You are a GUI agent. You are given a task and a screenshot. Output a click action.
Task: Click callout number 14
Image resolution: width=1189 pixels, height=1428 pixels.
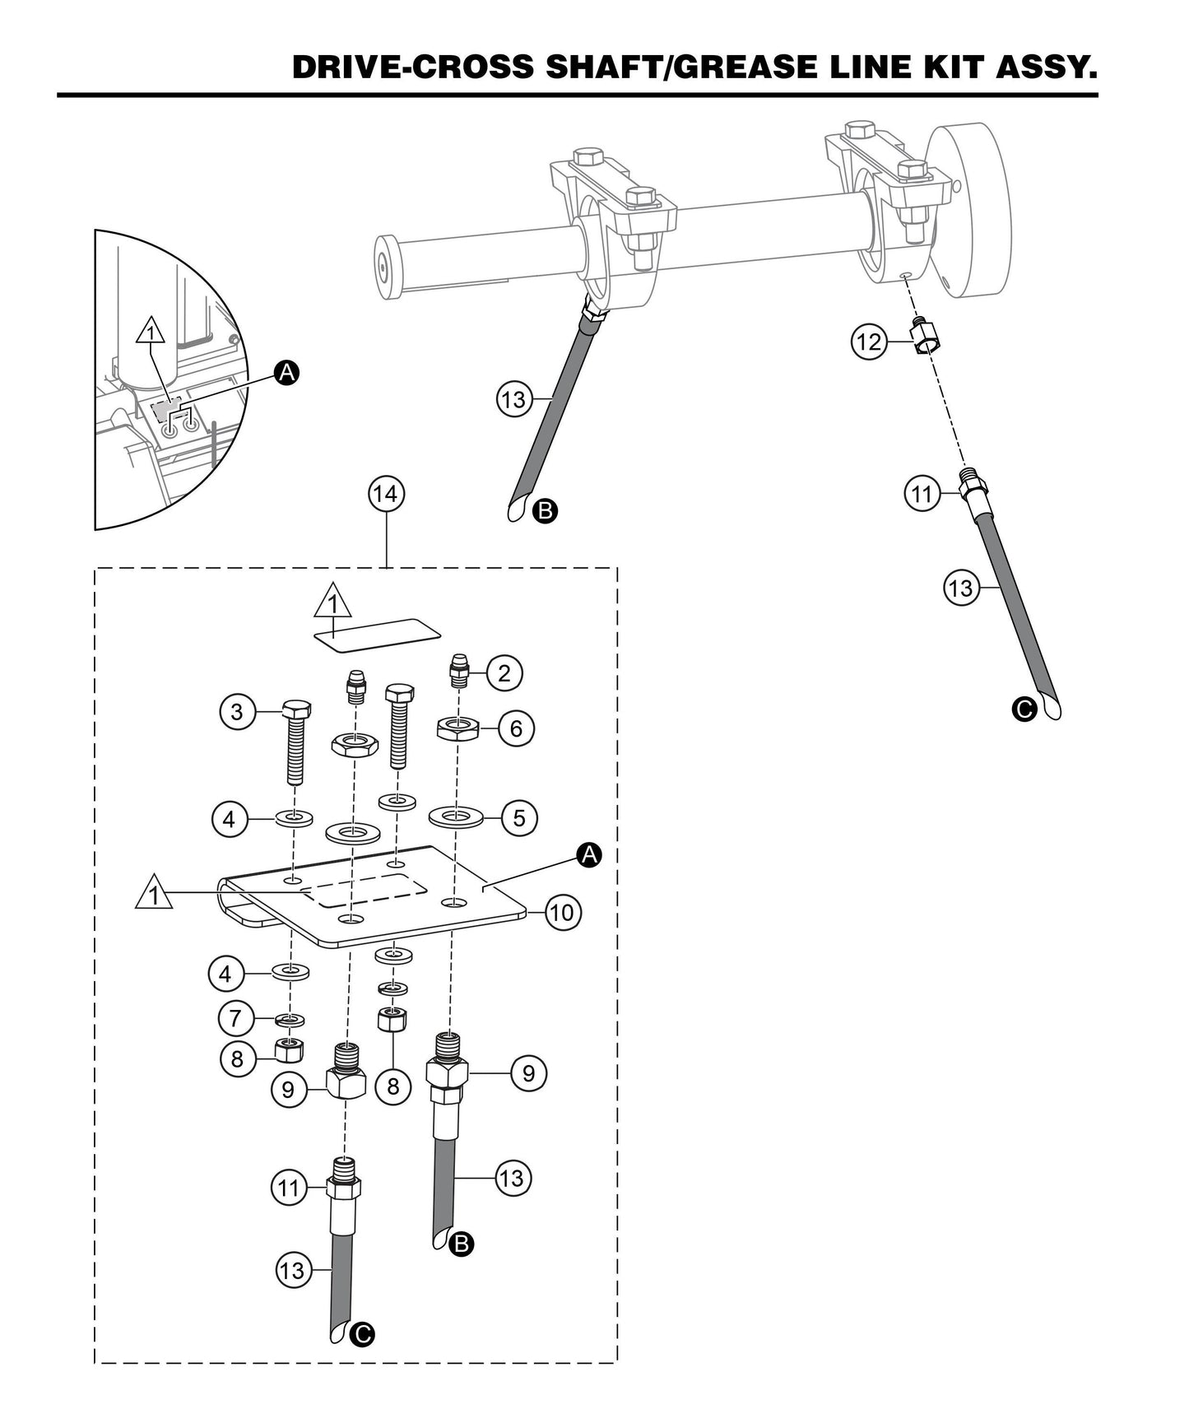point(385,495)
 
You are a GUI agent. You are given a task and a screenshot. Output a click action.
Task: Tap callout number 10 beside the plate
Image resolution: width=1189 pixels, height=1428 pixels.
point(564,912)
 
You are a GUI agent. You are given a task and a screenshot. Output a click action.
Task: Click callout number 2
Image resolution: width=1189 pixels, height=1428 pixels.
point(504,673)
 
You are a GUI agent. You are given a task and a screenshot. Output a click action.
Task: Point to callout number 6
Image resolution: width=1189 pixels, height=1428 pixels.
point(516,728)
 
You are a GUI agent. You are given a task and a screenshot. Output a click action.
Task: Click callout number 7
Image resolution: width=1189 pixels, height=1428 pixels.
point(236,1019)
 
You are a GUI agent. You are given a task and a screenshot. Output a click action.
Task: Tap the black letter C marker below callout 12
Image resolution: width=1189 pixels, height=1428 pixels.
point(1024,709)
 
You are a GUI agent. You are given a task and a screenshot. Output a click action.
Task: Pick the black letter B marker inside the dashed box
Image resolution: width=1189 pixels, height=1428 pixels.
point(462,1244)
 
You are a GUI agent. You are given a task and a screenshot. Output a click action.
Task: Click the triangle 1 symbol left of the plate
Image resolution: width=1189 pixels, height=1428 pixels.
point(154,895)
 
